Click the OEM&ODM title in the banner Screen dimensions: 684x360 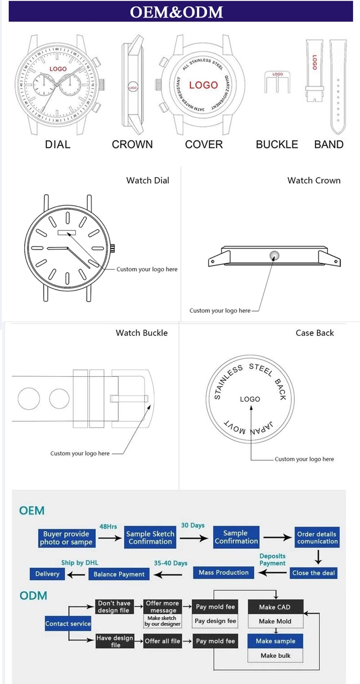click(x=176, y=12)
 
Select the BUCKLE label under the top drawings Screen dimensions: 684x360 click(x=277, y=144)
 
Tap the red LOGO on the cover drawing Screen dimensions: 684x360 click(x=203, y=85)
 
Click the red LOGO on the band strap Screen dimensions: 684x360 click(x=315, y=62)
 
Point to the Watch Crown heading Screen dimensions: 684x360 click(x=314, y=180)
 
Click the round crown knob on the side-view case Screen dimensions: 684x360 click(x=274, y=256)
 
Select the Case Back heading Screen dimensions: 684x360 click(x=315, y=333)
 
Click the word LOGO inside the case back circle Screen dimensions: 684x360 click(x=250, y=399)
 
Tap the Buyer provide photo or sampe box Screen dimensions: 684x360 click(x=67, y=538)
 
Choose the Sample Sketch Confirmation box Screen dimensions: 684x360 click(x=150, y=538)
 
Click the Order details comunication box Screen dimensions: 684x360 click(x=317, y=537)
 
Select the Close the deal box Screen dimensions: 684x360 click(x=313, y=573)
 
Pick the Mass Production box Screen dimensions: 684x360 click(x=224, y=572)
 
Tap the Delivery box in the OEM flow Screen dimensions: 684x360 click(x=47, y=574)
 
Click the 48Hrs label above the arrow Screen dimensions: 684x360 click(x=108, y=526)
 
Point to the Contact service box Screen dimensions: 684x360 click(x=68, y=624)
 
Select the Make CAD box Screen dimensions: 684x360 click(x=275, y=607)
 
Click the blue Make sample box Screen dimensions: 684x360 click(x=275, y=641)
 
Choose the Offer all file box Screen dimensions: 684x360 click(x=162, y=641)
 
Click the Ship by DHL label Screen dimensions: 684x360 click(x=80, y=563)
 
